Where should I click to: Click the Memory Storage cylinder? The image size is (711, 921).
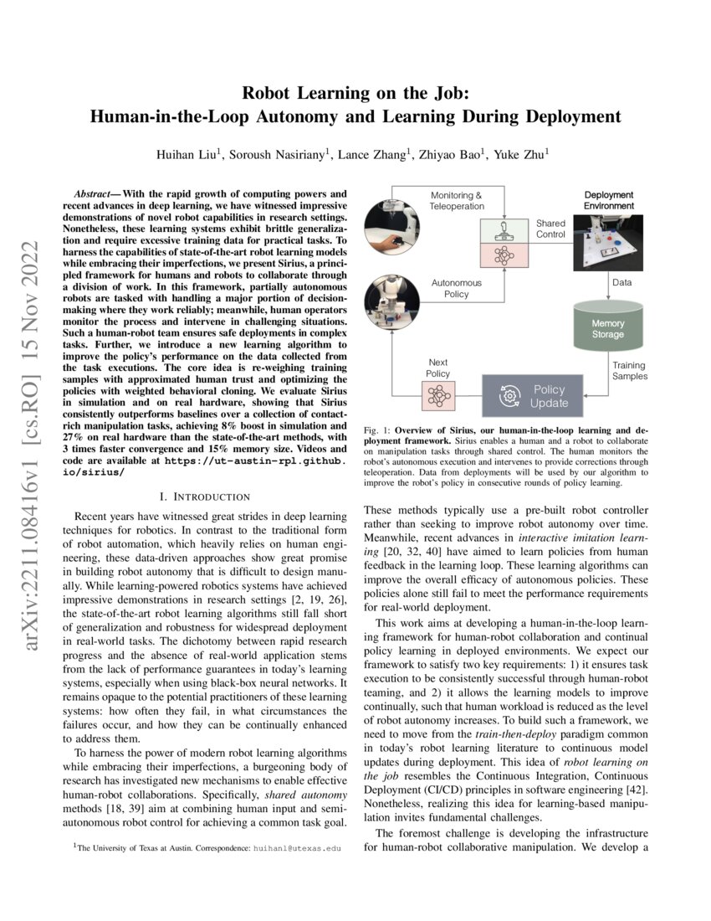click(x=608, y=328)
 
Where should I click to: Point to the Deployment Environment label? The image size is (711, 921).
click(x=608, y=200)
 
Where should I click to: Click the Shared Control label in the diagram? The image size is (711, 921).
click(x=550, y=229)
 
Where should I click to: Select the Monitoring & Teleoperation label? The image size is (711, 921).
click(x=457, y=201)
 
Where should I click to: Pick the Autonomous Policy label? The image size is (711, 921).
click(x=457, y=289)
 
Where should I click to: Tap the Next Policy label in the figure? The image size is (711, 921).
click(x=437, y=368)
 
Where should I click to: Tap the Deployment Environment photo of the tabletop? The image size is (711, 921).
click(x=608, y=243)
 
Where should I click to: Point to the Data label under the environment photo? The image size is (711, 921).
click(x=622, y=283)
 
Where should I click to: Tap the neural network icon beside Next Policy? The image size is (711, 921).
click(x=439, y=394)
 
